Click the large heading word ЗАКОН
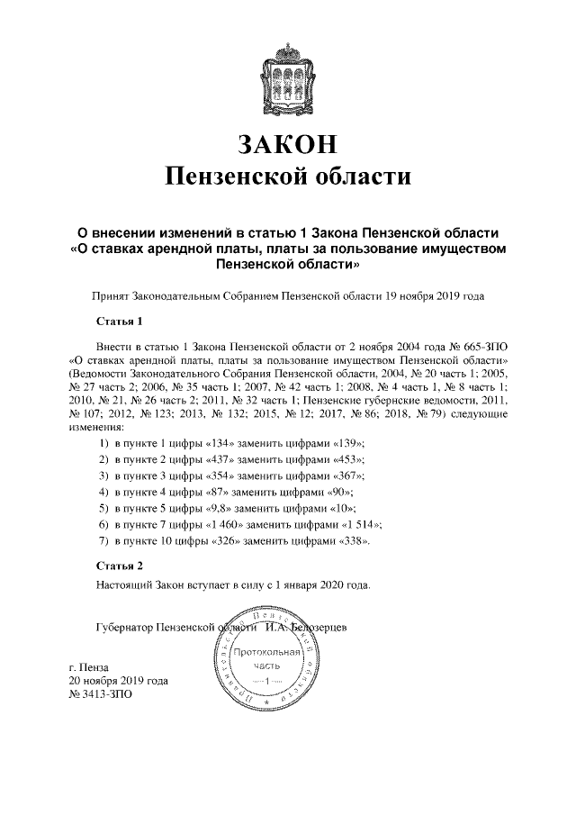click(287, 143)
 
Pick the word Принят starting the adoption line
click(111, 294)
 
